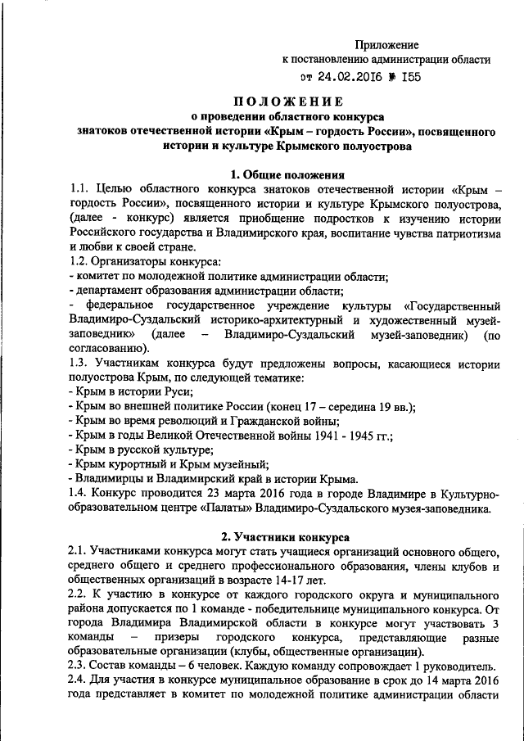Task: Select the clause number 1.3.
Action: click(x=79, y=363)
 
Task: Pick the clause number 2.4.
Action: click(x=79, y=681)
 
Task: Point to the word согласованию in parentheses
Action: click(x=106, y=348)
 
